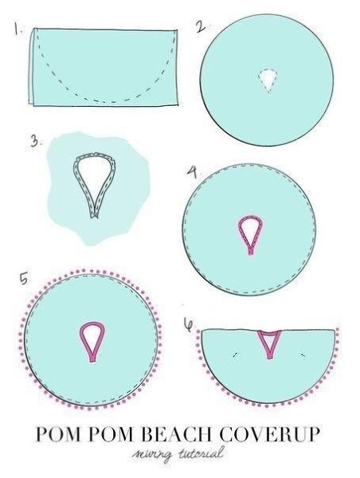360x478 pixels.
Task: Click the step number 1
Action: tap(18, 29)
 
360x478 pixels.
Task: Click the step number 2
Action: tap(200, 26)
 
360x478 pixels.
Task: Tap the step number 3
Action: tap(35, 142)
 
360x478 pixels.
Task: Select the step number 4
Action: tap(193, 172)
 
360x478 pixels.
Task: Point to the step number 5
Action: tap(24, 279)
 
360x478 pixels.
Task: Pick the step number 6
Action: tap(189, 324)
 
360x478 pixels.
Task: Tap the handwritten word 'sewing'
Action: tap(151, 455)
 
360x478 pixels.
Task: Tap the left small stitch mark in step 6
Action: tap(235, 355)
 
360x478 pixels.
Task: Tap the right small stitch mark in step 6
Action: tap(303, 355)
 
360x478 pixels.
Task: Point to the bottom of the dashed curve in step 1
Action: tap(111, 101)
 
